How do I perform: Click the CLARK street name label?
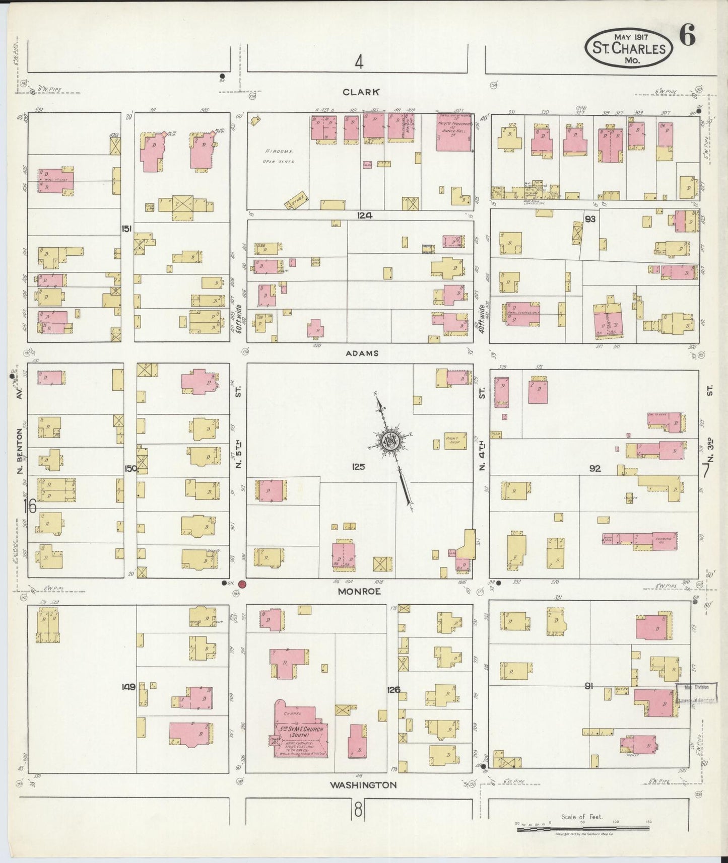click(x=360, y=92)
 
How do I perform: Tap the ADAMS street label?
click(x=362, y=353)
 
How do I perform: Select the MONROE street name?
click(x=359, y=592)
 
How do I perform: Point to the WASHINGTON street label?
click(x=363, y=784)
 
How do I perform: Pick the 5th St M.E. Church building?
click(x=301, y=731)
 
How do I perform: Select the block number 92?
click(x=595, y=468)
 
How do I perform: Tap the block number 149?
click(x=128, y=686)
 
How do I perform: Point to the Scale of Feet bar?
click(x=583, y=829)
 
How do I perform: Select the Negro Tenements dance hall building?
click(x=454, y=132)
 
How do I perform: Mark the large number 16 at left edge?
click(x=30, y=506)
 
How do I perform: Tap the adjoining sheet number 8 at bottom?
click(x=358, y=810)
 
